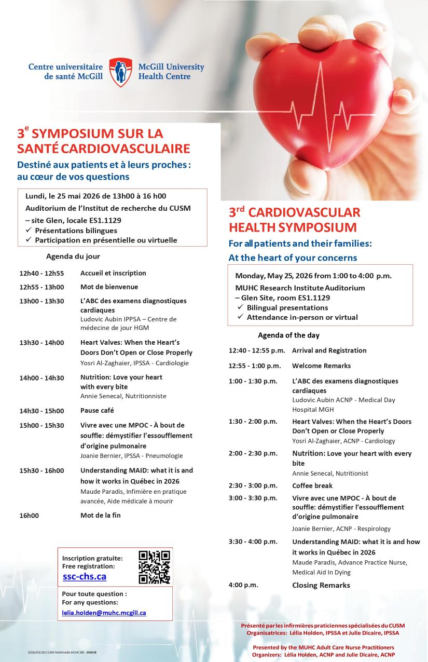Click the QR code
154,567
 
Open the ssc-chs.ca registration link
85,577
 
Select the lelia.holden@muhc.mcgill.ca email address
104,613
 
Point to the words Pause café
97,411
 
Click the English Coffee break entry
313,486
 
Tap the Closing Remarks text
321,585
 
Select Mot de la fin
100,516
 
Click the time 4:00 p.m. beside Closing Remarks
243,585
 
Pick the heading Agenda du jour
73,256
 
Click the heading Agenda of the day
288,335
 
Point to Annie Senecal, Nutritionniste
123,396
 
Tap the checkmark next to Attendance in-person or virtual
241,317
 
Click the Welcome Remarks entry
321,366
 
